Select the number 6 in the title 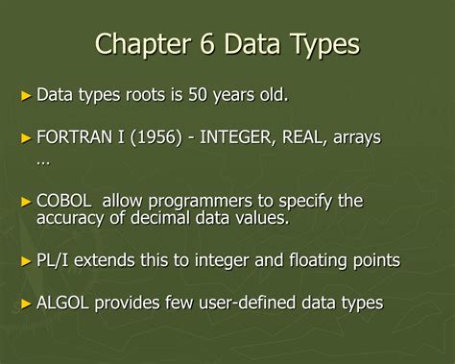pyautogui.click(x=213, y=45)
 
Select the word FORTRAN pyautogui.click(x=74, y=138)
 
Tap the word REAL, pyautogui.click(x=303, y=138)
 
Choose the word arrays pyautogui.click(x=356, y=138)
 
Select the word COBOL pyautogui.click(x=64, y=201)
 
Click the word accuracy pyautogui.click(x=71, y=219)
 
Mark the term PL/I pyautogui.click(x=54, y=260)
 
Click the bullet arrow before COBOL pyautogui.click(x=26, y=201)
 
